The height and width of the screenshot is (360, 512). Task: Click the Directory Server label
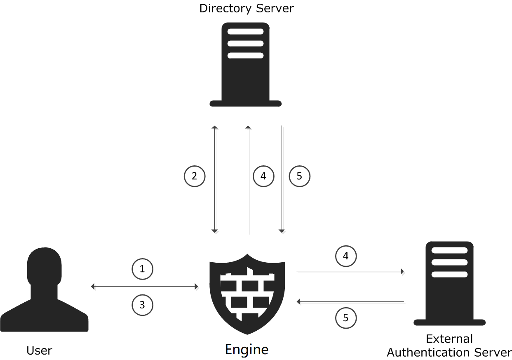click(246, 8)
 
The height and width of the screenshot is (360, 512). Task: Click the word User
click(39, 351)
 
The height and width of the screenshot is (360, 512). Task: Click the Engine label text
click(247, 350)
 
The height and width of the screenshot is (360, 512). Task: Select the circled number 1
click(142, 269)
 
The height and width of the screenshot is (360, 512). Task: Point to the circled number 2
click(194, 176)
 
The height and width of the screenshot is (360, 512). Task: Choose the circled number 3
click(142, 306)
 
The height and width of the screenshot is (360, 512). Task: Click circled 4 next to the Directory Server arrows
click(263, 176)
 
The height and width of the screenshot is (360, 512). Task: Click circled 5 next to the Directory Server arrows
click(299, 176)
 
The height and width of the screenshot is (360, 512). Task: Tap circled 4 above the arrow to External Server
click(345, 256)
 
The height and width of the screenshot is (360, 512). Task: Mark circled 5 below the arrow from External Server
click(345, 318)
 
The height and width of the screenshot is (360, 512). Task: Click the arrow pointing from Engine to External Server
click(350, 271)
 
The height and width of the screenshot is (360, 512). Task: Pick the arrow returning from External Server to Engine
click(350, 302)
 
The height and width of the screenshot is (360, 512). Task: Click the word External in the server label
click(449, 339)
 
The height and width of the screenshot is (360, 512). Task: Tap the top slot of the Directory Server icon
click(245, 32)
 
